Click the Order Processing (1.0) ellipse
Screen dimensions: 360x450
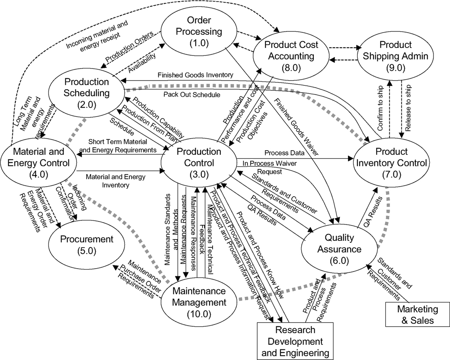[x=199, y=31]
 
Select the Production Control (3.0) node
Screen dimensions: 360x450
[x=199, y=163]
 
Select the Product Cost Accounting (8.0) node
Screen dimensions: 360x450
[x=291, y=56]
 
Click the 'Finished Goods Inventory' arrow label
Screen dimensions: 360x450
[x=190, y=75]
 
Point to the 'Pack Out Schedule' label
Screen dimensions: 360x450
[x=192, y=95]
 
